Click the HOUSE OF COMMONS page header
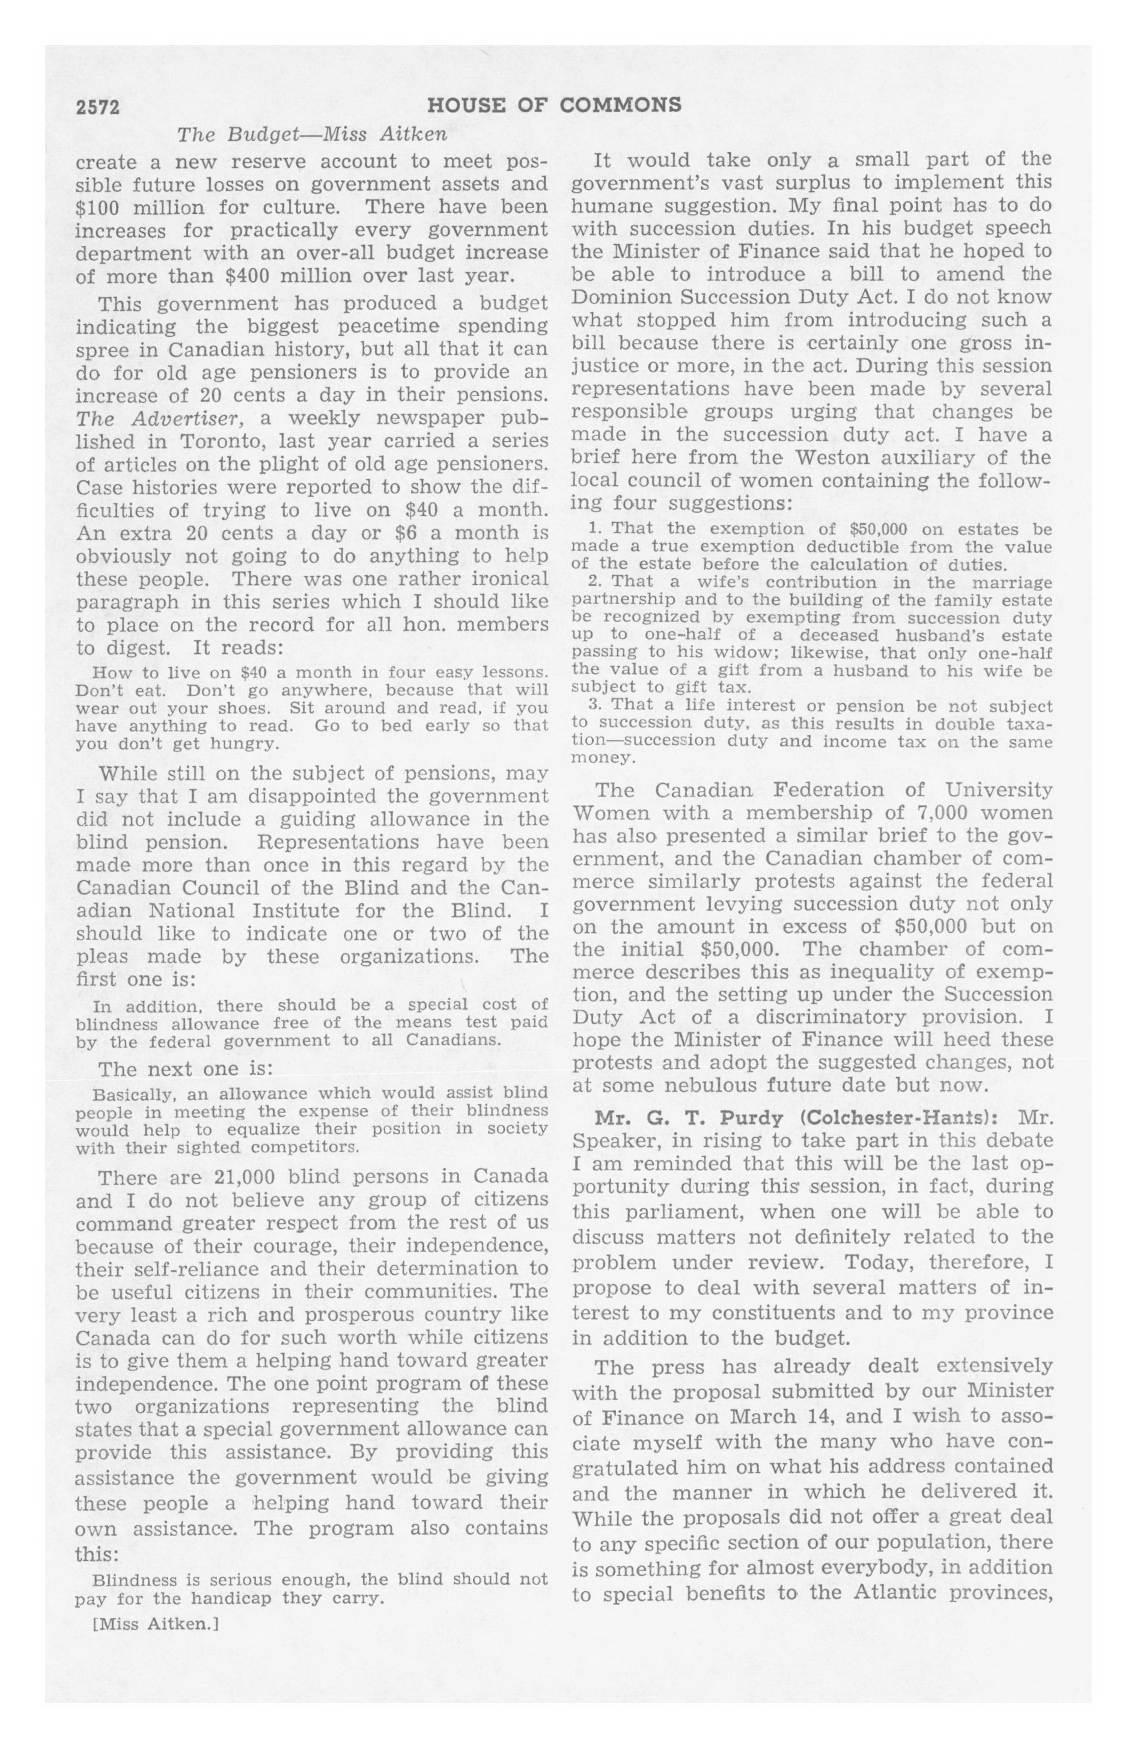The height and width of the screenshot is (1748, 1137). tap(554, 106)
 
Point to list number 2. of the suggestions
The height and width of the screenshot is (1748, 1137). tap(595, 582)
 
